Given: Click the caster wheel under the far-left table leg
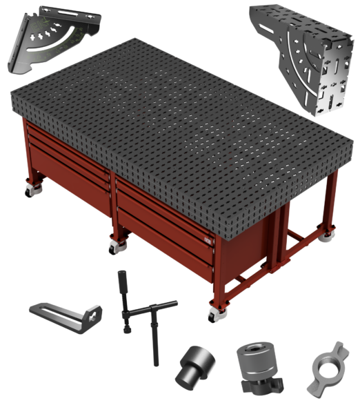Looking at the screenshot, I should tap(32, 189).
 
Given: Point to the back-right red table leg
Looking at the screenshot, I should tap(331, 204).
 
